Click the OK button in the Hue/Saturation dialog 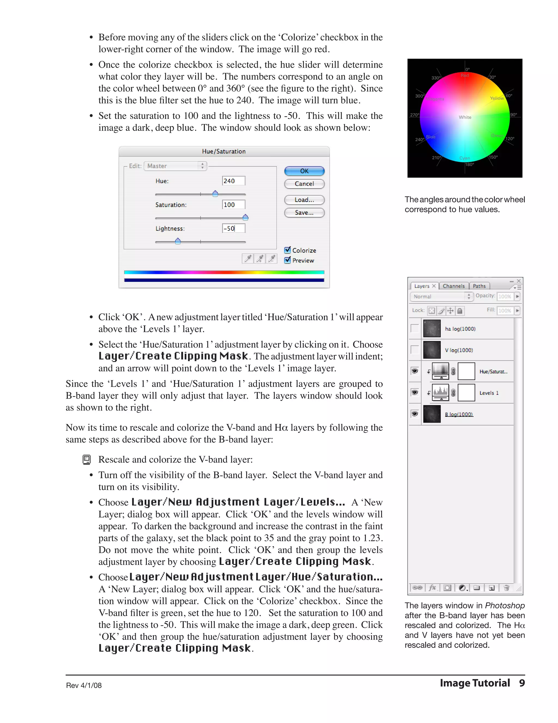point(304,171)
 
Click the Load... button point(304,200)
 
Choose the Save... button point(304,213)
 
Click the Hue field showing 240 point(233,181)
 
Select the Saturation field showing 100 point(233,205)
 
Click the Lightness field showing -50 point(233,228)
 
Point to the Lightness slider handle point(178,241)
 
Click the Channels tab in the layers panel point(454,286)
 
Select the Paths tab point(479,286)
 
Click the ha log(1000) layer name point(460,329)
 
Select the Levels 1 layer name point(489,393)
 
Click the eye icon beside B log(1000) point(414,414)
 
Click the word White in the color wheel point(465,117)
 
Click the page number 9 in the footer point(522,683)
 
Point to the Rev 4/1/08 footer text point(84,685)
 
